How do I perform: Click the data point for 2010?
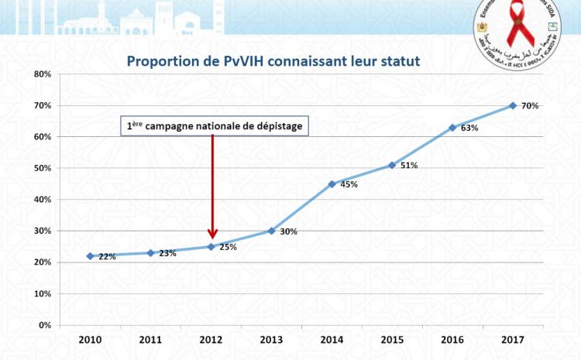tap(90, 255)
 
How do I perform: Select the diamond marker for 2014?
tap(332, 184)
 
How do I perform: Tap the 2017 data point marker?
tap(513, 105)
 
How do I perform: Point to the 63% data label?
tap(469, 129)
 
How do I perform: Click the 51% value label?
tap(409, 166)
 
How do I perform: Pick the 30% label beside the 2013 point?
tap(288, 231)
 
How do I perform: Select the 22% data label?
tap(107, 256)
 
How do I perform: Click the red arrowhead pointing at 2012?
tap(212, 235)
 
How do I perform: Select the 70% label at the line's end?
tap(530, 105)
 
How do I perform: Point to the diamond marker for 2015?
tap(392, 165)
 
